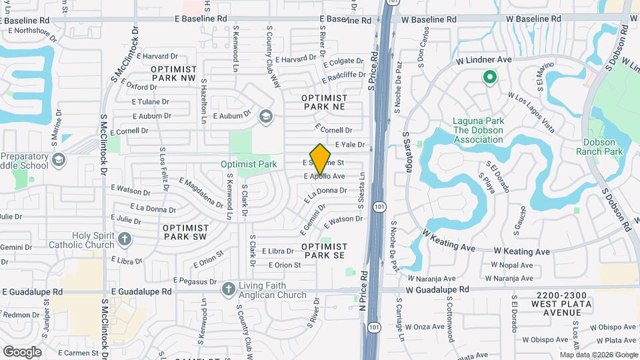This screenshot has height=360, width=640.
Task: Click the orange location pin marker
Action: pos(321,159)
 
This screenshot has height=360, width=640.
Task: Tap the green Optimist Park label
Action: pos(249,164)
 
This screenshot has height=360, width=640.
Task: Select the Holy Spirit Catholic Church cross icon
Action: pos(124,239)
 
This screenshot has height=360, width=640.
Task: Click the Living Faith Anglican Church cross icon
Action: pos(228,289)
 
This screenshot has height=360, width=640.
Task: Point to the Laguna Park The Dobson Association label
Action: pos(478,130)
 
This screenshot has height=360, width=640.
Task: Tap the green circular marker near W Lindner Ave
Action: pos(489,78)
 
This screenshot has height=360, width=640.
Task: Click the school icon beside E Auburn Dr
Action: pos(266,117)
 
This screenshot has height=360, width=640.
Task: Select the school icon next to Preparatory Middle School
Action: pos(58,159)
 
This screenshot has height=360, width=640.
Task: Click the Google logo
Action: pos(22,351)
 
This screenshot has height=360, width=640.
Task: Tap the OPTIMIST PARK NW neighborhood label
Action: pos(174,73)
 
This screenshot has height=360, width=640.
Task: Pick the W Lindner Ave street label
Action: pos(483,59)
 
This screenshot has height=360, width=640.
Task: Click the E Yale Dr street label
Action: pos(350,144)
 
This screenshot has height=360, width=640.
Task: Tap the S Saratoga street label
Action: pos(406,151)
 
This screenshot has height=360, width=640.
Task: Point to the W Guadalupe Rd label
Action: pos(438,289)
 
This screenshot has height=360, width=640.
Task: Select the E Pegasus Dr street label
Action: pos(196,281)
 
